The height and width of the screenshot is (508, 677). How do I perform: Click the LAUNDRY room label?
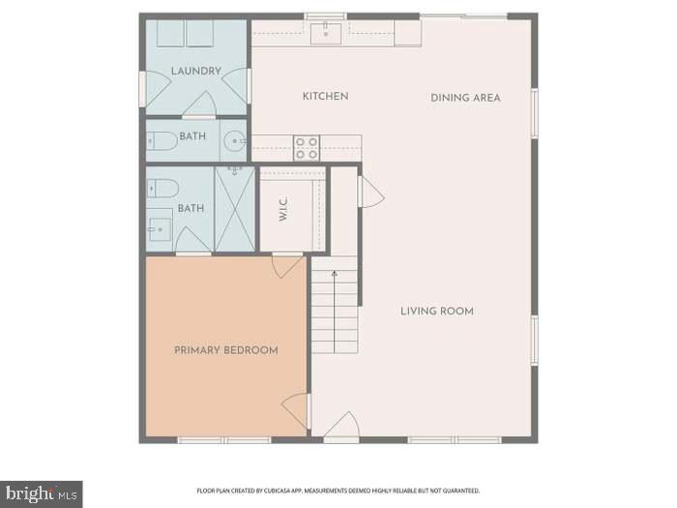click(196, 71)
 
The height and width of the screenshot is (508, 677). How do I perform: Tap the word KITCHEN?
click(325, 97)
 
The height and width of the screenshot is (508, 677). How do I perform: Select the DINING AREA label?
click(465, 98)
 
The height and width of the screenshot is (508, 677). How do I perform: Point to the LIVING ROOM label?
click(437, 311)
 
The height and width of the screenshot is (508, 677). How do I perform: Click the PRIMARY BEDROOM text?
click(225, 350)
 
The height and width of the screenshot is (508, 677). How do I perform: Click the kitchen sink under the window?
click(325, 35)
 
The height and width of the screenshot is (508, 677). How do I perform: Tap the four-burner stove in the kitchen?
click(307, 148)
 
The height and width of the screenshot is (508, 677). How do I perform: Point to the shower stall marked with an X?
click(235, 209)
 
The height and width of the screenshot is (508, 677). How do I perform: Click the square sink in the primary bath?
click(160, 230)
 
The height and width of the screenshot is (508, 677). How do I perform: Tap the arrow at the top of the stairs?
click(335, 275)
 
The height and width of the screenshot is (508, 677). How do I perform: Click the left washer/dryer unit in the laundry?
click(171, 33)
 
